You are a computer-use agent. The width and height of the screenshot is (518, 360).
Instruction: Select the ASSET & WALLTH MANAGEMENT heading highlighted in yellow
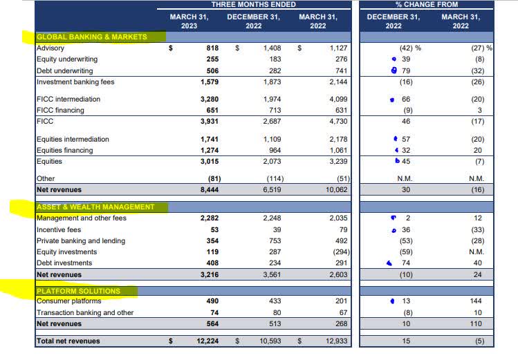(95, 207)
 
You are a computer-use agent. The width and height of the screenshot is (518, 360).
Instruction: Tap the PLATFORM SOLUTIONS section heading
(78, 291)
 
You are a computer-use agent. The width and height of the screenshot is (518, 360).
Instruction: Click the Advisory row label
(50, 48)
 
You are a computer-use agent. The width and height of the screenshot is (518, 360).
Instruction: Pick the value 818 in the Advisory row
(213, 48)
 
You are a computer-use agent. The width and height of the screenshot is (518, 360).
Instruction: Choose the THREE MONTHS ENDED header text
(253, 4)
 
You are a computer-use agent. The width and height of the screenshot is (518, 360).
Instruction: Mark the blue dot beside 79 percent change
(394, 70)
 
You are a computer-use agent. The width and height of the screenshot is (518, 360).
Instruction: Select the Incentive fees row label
(58, 229)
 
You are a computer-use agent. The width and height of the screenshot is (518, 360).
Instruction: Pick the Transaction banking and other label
(76, 312)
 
